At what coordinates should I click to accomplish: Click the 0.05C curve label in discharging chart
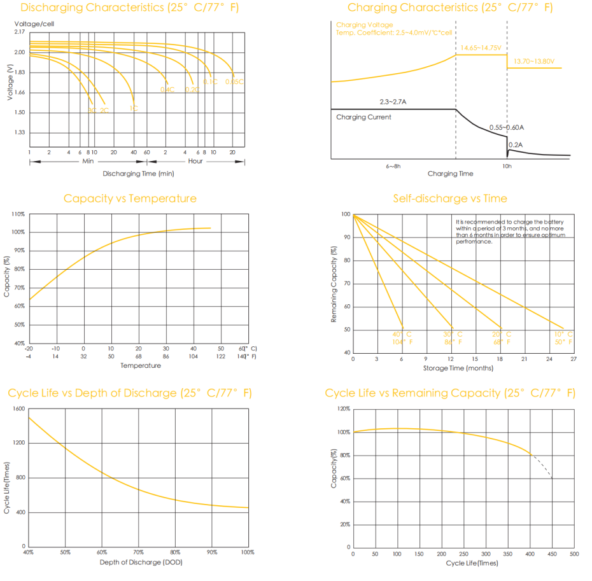234,81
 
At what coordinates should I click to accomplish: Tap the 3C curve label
92,110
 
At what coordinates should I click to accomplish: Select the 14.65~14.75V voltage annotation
481,48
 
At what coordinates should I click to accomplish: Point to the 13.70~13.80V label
534,61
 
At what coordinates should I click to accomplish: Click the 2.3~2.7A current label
393,102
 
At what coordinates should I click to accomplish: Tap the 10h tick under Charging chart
507,166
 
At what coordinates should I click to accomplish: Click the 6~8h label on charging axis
393,166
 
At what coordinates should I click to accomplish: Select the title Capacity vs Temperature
130,199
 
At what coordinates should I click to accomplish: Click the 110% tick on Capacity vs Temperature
18,214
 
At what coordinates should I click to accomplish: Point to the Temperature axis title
141,365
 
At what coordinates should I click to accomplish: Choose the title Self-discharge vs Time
450,199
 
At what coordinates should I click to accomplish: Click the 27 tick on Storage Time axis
574,360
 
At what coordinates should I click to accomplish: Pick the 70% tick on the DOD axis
139,552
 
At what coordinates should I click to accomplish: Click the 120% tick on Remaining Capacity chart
343,409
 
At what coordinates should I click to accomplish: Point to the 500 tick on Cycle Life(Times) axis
574,554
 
